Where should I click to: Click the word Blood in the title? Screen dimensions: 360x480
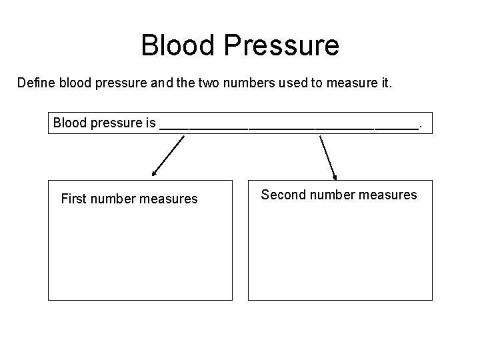tap(177, 45)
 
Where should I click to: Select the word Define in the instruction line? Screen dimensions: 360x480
tap(37, 85)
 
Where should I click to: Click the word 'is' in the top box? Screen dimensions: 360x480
tap(151, 123)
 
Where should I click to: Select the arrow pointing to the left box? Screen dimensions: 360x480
tap(168, 155)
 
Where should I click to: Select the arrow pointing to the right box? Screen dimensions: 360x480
tap(328, 157)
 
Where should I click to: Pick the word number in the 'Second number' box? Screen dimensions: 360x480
tap(333, 195)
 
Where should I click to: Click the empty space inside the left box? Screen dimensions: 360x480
tap(140, 257)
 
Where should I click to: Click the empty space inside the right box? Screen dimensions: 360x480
tap(340, 257)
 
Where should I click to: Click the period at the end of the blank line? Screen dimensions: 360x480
tap(419, 125)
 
